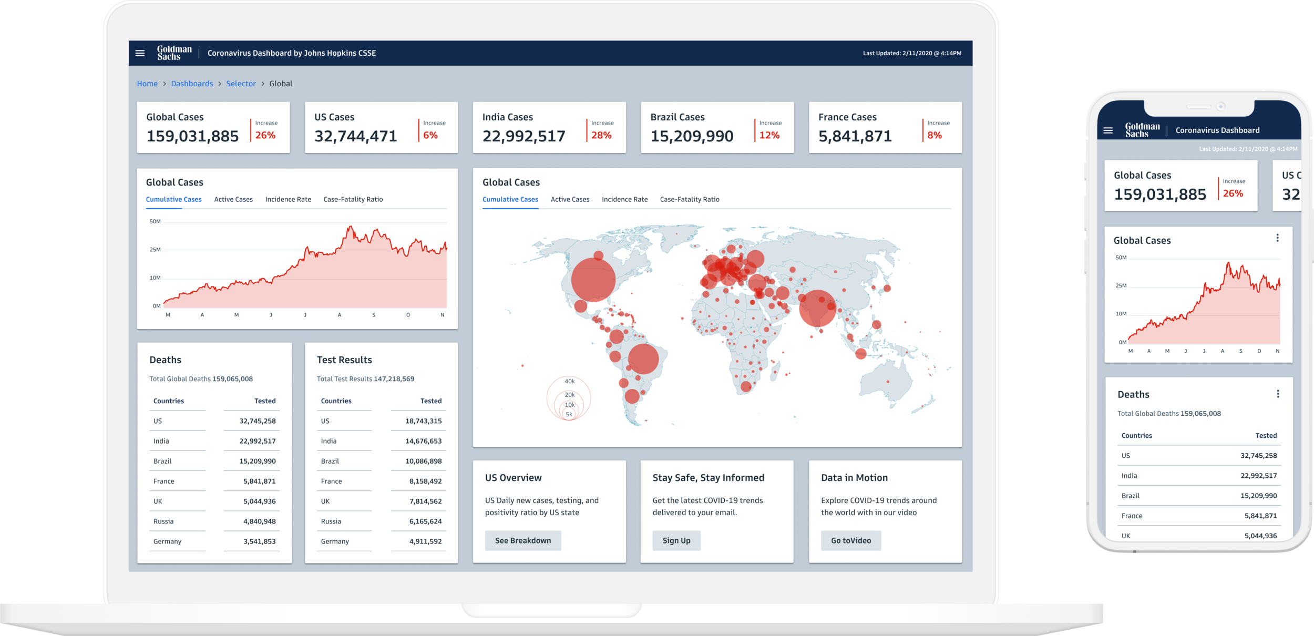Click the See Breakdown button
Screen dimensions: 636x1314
coord(522,540)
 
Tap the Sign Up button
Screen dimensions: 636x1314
coord(676,540)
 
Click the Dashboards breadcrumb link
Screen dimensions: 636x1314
coord(192,84)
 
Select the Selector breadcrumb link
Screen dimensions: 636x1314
coord(241,84)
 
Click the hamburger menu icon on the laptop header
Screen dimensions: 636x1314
coord(140,53)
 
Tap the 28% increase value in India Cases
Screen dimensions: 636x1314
coord(601,135)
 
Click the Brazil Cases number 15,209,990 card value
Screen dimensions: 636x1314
coord(692,136)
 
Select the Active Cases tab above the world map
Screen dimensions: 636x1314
coord(570,199)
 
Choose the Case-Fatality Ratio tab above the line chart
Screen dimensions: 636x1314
coord(353,199)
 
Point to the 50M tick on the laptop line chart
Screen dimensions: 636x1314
coord(155,221)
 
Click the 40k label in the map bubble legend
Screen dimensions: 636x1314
coord(569,381)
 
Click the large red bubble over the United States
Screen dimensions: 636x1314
coord(593,280)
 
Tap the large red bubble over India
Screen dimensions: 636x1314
coord(817,308)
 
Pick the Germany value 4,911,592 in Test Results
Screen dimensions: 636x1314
coord(425,541)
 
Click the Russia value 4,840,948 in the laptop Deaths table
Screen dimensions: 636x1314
coord(259,521)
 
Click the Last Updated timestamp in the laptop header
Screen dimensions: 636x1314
coord(912,53)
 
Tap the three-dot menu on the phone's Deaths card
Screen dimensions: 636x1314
coord(1278,394)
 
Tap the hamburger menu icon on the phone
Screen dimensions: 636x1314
coord(1108,130)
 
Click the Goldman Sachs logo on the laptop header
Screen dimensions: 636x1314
coord(174,53)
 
